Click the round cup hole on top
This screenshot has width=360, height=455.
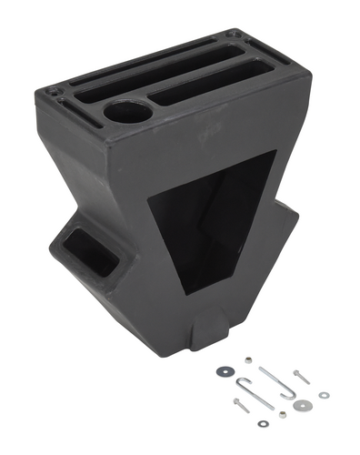[126, 114]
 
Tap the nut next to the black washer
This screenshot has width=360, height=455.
[247, 360]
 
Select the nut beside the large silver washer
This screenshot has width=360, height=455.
[282, 414]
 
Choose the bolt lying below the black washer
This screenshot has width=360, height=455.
[241, 405]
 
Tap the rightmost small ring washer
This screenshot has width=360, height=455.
[323, 395]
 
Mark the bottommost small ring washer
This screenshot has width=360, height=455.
[263, 423]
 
